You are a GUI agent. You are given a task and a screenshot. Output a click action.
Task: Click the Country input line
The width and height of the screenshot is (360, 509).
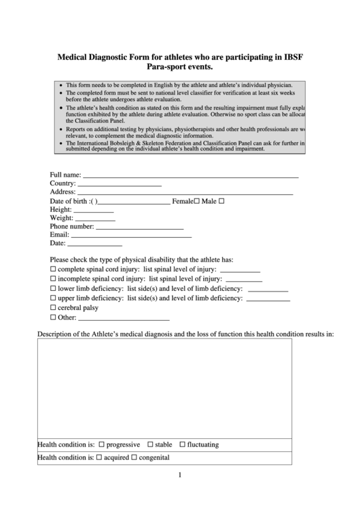(120, 184)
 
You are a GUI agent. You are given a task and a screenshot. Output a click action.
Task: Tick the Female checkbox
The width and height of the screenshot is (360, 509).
(197, 202)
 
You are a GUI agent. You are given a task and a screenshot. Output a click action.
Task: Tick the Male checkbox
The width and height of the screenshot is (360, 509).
(221, 202)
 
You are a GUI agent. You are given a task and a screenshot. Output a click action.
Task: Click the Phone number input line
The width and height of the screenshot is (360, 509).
(140, 228)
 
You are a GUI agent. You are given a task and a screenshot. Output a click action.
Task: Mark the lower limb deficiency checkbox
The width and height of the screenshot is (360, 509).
(54, 289)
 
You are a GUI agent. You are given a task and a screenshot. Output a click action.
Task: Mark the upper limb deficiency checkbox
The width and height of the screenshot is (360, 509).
(54, 298)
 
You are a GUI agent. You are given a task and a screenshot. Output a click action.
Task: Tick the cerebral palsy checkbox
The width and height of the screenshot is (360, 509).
(54, 308)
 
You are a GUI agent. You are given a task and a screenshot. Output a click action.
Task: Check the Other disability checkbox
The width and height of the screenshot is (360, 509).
(54, 317)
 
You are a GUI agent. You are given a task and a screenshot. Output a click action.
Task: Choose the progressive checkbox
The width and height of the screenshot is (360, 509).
(102, 445)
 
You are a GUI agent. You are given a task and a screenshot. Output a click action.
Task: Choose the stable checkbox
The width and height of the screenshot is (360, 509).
(150, 445)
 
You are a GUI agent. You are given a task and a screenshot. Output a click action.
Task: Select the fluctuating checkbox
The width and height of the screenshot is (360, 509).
(182, 445)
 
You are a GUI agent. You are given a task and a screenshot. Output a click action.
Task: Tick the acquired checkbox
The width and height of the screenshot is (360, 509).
(99, 458)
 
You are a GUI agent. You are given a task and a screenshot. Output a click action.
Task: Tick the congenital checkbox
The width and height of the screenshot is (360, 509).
(134, 458)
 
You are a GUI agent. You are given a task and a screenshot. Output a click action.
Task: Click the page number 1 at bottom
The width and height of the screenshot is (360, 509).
(179, 475)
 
